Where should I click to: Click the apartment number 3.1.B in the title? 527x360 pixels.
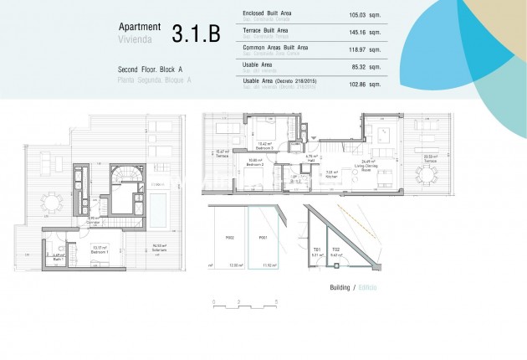click(x=196, y=33)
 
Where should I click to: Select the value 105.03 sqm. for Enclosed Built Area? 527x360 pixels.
click(x=363, y=14)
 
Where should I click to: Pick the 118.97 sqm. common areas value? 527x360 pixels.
click(x=363, y=50)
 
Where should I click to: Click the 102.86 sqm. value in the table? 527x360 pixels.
click(x=363, y=85)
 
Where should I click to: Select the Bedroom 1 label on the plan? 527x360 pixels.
click(x=99, y=250)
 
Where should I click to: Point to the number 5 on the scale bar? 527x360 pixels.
click(x=275, y=299)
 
